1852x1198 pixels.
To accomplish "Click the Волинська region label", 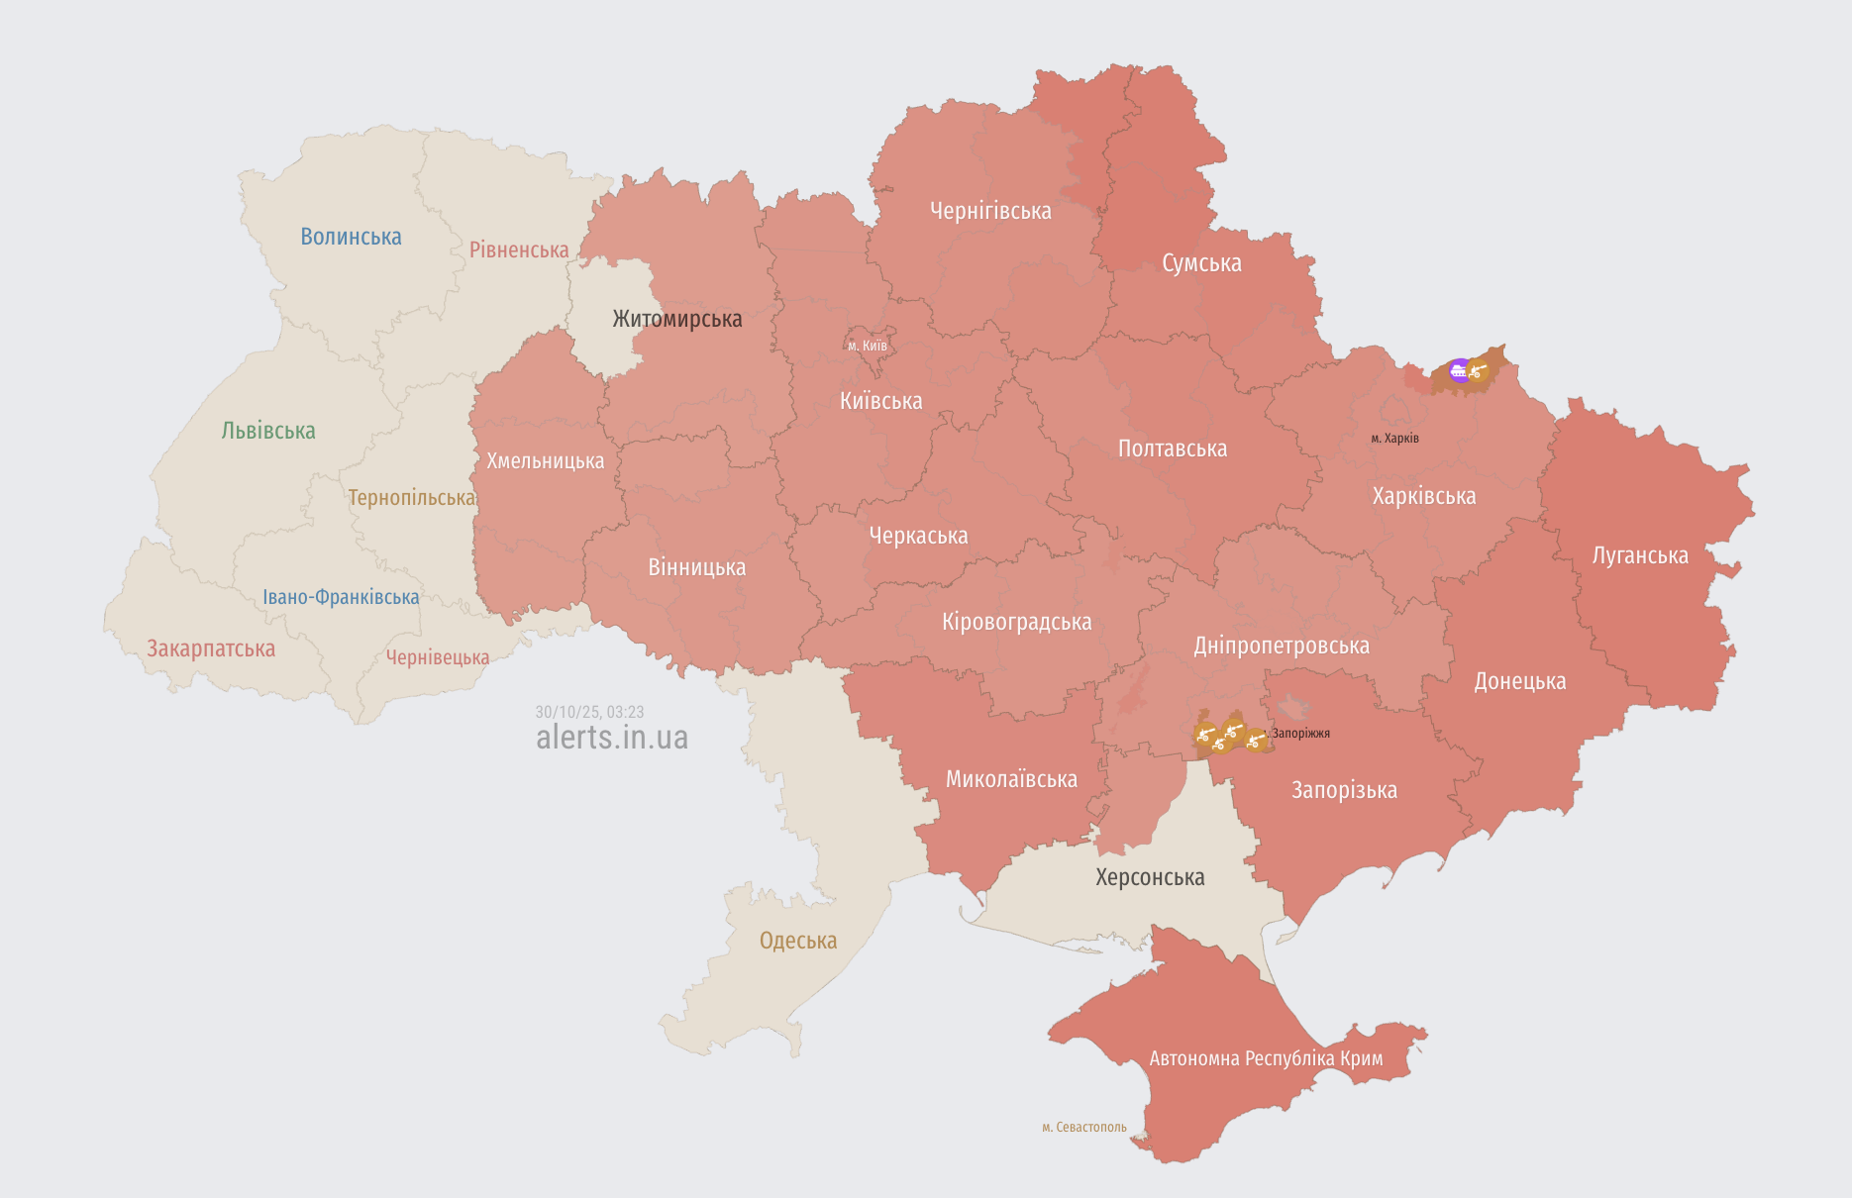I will (x=351, y=237).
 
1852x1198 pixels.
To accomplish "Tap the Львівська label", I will (x=268, y=431).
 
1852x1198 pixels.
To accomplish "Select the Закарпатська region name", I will (x=211, y=649).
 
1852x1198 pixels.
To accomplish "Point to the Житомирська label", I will (x=676, y=319).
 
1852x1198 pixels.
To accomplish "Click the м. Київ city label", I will (x=868, y=346).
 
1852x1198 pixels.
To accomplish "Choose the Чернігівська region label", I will (x=990, y=211).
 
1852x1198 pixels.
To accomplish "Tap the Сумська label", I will (x=1201, y=263).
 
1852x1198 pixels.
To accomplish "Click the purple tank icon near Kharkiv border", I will (x=1459, y=371).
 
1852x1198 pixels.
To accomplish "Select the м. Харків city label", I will (x=1394, y=438).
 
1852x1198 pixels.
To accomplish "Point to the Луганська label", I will (x=1640, y=555).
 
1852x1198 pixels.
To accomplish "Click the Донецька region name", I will (x=1520, y=681).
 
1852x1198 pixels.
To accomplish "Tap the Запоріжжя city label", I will (x=1300, y=734).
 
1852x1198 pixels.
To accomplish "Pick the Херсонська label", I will (x=1150, y=877).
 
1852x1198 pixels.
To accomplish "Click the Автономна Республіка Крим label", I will (x=1266, y=1058).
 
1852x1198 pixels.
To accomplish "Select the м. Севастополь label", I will (x=1084, y=1127).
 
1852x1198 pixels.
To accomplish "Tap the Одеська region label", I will (x=798, y=941).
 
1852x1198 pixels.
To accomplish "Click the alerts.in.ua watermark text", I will (x=611, y=738).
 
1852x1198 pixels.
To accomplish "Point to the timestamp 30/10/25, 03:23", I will (x=589, y=712).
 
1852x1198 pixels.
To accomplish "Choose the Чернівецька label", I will (x=438, y=657).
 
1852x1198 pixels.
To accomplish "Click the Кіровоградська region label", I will (x=1016, y=622).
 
